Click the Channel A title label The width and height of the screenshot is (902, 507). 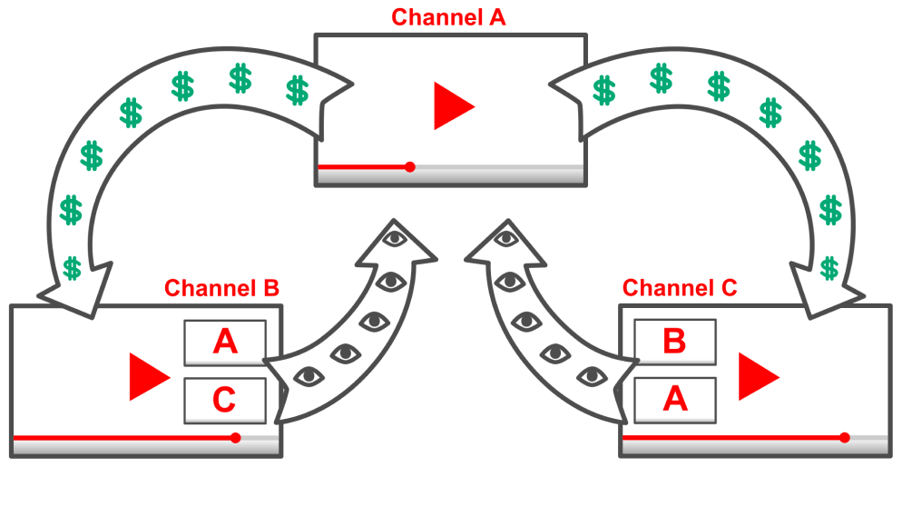click(448, 16)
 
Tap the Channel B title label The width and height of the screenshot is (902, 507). click(221, 289)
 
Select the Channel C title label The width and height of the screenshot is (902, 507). click(680, 289)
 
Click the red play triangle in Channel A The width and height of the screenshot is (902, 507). click(450, 105)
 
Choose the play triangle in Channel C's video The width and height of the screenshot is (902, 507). click(756, 376)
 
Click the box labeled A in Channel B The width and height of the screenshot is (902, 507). click(225, 343)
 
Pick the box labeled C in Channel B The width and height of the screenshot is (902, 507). click(225, 400)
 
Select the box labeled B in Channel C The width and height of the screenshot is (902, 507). click(674, 342)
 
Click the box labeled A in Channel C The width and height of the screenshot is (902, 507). click(674, 400)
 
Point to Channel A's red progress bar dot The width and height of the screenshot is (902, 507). click(410, 167)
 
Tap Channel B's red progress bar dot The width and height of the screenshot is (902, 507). click(236, 438)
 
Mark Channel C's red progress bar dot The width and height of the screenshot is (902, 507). click(845, 438)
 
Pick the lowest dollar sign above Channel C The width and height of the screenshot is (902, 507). click(828, 267)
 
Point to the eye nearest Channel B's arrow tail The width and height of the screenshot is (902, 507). click(309, 374)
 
